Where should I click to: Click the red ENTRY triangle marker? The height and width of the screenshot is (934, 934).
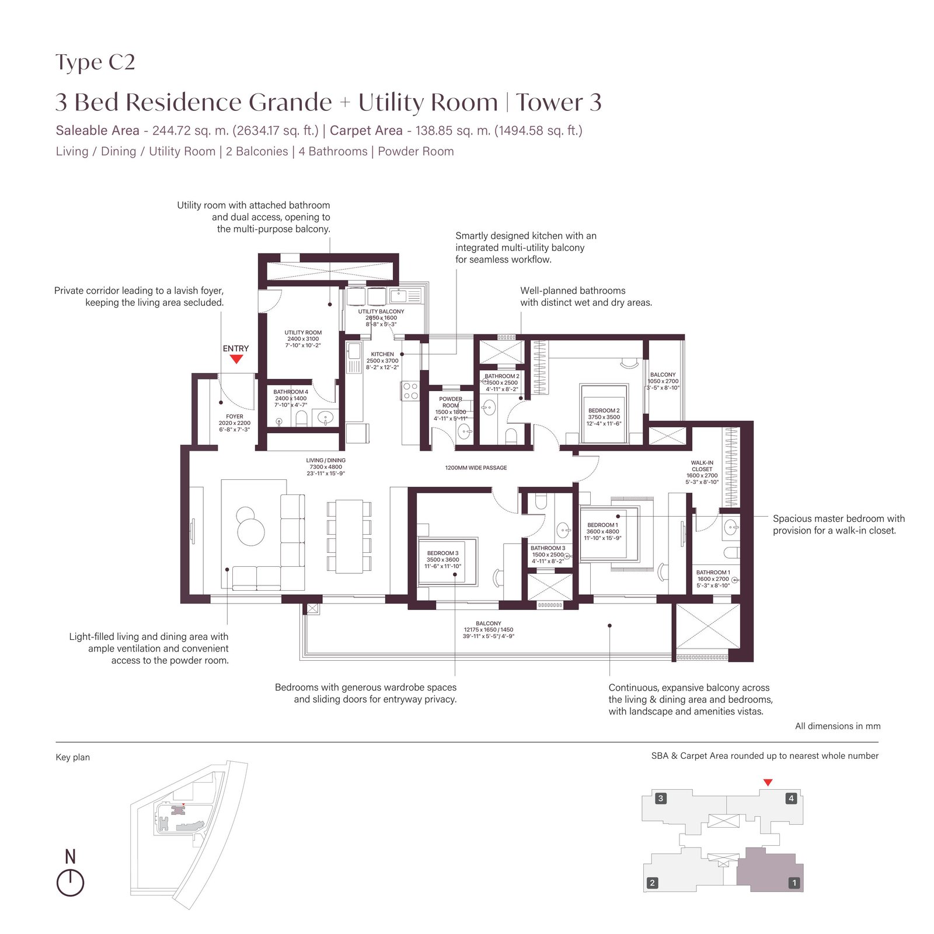click(236, 360)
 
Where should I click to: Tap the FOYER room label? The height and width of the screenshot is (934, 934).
click(235, 417)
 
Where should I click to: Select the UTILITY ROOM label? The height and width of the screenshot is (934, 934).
click(303, 333)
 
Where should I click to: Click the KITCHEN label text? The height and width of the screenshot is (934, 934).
click(382, 354)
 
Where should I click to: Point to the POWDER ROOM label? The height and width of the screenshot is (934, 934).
click(451, 402)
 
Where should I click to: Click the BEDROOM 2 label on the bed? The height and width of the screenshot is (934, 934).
click(604, 411)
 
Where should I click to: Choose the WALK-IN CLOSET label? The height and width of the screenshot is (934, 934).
click(702, 466)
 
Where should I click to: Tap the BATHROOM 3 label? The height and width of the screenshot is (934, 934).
click(548, 548)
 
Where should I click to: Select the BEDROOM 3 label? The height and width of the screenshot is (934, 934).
click(442, 553)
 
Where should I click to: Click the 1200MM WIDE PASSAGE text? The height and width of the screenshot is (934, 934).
click(476, 468)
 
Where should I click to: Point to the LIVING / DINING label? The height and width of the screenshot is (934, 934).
click(326, 461)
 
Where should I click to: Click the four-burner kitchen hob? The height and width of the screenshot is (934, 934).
click(410, 391)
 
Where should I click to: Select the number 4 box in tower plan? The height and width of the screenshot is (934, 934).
click(791, 799)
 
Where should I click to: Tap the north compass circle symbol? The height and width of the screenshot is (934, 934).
click(70, 883)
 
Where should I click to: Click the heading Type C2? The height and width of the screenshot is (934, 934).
click(95, 62)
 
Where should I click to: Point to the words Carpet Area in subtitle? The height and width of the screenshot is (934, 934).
click(366, 131)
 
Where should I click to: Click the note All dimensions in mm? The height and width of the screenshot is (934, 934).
click(838, 726)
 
